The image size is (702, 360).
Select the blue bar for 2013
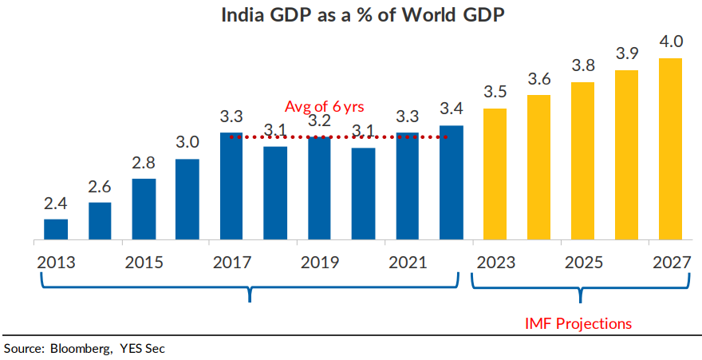click(56, 229)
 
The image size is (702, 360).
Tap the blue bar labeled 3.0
click(187, 199)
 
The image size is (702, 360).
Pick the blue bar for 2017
click(231, 186)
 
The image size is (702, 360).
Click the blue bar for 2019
click(319, 188)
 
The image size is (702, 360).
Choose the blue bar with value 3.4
click(452, 183)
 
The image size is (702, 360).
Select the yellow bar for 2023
click(495, 173)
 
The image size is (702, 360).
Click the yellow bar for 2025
click(583, 160)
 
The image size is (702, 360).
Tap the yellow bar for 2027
click(671, 148)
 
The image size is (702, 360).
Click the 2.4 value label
click(56, 204)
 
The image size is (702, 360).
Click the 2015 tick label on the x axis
click(144, 262)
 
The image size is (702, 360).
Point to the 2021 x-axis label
click(408, 262)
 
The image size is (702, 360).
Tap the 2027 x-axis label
click(671, 262)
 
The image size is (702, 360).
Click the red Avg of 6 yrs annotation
click(325, 106)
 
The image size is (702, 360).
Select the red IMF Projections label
click(578, 323)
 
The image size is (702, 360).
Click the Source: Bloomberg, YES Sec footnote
click(85, 348)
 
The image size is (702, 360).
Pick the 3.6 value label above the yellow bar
click(539, 79)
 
